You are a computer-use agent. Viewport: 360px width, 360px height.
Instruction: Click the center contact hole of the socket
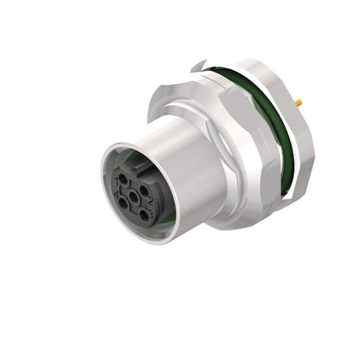tap(133, 196)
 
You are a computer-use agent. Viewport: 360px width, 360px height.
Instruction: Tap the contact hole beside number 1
tap(123, 179)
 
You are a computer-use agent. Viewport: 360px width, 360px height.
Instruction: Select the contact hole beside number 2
tap(144, 190)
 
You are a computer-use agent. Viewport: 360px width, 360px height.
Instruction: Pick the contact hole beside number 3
tap(144, 215)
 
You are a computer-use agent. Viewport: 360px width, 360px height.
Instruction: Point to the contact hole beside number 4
tap(123, 203)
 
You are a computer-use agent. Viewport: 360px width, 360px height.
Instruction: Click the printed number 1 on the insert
tap(117, 182)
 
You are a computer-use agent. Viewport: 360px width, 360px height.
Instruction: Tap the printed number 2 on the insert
tap(150, 200)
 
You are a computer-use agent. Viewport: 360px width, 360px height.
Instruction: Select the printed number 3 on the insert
tap(151, 213)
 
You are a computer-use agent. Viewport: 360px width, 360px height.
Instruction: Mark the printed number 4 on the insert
tap(117, 193)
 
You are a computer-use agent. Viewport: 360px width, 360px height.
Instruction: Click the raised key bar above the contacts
tap(140, 168)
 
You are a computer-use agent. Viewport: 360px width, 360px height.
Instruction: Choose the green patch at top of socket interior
tap(130, 157)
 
